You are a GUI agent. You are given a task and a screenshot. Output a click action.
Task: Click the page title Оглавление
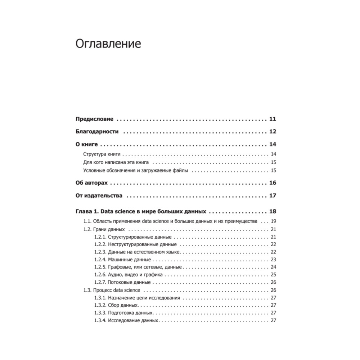click(108, 44)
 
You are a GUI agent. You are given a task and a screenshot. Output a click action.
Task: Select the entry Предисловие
click(94, 119)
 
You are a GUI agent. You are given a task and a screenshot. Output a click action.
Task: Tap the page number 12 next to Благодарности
click(272, 132)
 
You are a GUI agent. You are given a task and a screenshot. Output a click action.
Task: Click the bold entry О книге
click(87, 145)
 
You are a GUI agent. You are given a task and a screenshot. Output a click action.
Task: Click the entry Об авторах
click(91, 183)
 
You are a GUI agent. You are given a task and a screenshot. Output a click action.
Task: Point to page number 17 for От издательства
click(272, 196)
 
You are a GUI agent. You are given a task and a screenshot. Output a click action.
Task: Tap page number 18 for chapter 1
click(272, 211)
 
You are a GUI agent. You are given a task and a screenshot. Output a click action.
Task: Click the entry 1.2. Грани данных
click(104, 229)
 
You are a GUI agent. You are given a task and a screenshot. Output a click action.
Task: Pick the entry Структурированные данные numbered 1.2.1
click(133, 237)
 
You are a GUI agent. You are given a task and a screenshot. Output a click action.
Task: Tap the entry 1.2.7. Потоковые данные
click(122, 282)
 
